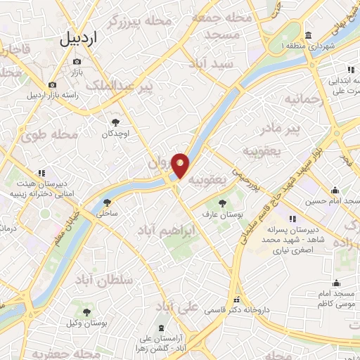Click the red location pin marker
tap(181, 166)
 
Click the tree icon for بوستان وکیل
tap(87, 312)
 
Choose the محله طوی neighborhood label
tap(39, 135)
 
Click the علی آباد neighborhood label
tap(175, 307)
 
